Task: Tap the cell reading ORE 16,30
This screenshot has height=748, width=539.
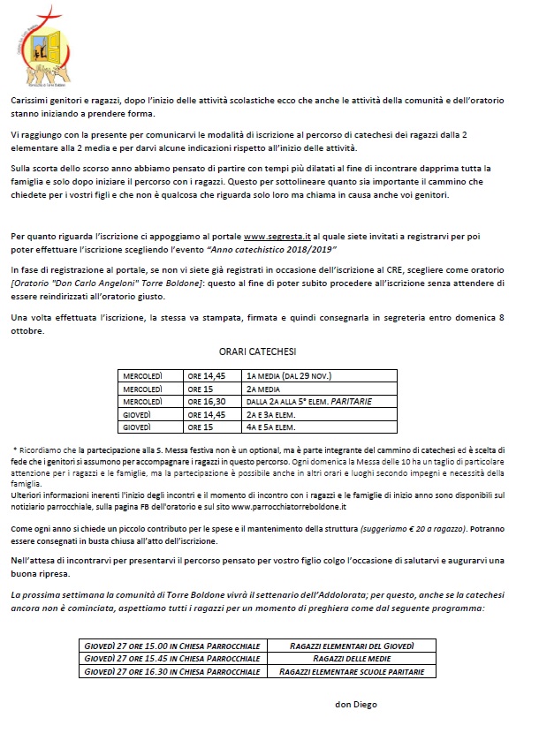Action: point(209,401)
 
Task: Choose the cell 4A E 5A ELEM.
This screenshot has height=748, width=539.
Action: point(273,426)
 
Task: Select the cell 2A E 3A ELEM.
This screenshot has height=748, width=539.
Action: point(273,413)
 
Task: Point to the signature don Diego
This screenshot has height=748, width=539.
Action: point(355,705)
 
